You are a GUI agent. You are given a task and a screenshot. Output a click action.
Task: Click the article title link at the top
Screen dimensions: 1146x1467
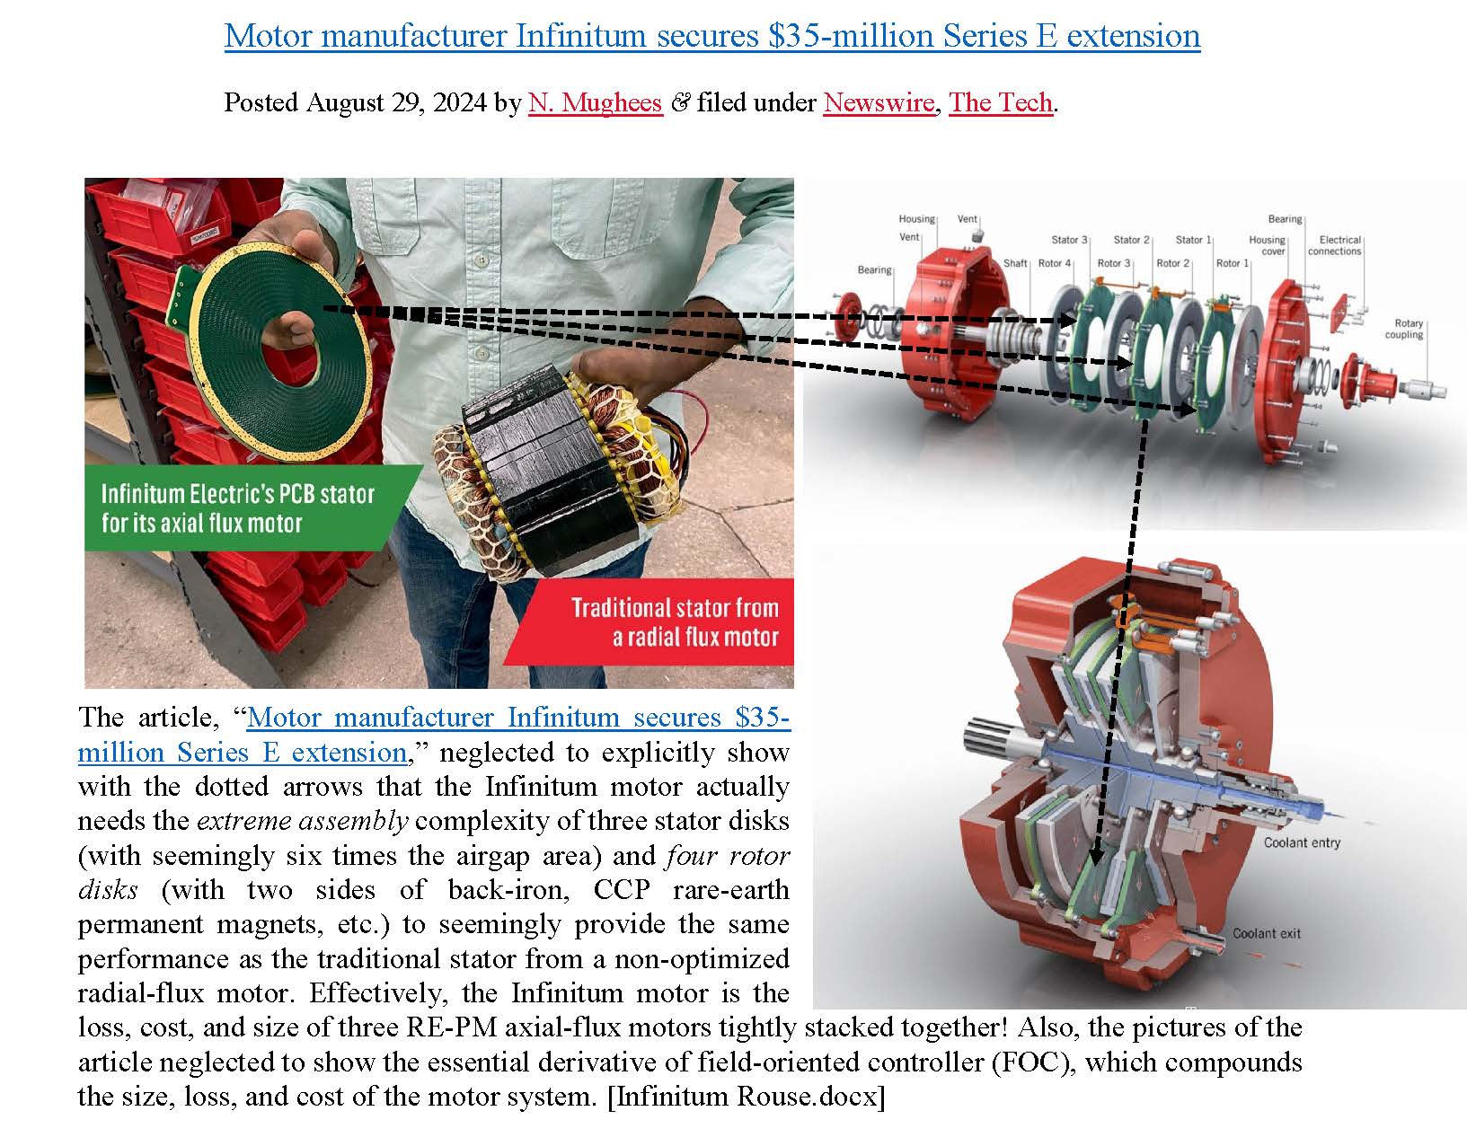(711, 36)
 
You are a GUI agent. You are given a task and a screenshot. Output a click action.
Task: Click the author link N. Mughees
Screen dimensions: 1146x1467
(595, 102)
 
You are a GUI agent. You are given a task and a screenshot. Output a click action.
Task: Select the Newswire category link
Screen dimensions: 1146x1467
(878, 102)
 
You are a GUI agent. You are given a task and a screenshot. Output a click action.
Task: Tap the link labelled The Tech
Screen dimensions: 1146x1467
(1000, 102)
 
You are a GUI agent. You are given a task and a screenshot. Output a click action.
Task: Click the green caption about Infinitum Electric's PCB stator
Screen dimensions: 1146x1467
(238, 508)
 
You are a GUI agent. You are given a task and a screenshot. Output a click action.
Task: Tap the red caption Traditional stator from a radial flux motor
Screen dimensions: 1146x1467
(674, 622)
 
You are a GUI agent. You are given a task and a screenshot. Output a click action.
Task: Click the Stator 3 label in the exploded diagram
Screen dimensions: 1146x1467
(1069, 240)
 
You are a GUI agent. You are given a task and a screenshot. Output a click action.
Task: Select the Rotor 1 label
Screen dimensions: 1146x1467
(1233, 263)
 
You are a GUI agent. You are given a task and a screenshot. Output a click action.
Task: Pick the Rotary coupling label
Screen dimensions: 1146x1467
(1408, 329)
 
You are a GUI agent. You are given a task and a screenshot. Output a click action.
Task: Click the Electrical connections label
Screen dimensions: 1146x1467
(1339, 245)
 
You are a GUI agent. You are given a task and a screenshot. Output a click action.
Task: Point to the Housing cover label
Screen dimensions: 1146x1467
(1267, 245)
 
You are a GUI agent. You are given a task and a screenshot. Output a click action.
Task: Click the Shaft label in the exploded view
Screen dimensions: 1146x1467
(1015, 263)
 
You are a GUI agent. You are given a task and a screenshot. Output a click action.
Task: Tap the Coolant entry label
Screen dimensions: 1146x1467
(1301, 842)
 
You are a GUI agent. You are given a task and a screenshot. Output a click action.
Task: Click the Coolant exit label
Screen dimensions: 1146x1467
(1266, 933)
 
